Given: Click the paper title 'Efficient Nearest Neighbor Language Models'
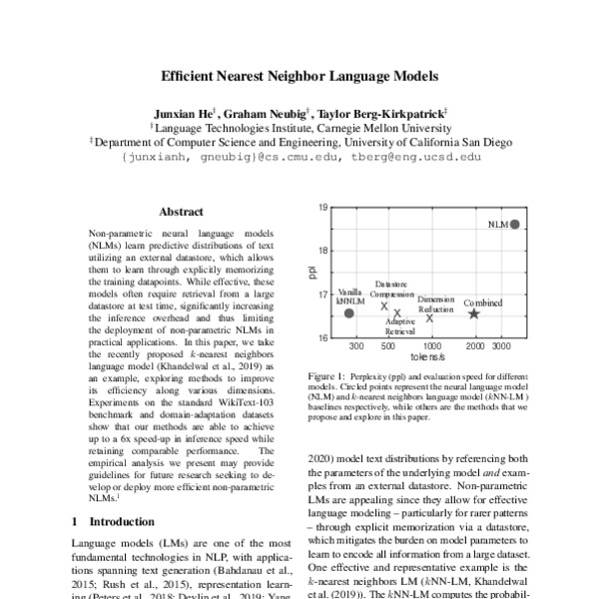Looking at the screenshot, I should click(299, 75).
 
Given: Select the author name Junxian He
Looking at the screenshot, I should click(186, 113).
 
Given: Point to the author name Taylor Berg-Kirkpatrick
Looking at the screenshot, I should click(384, 113).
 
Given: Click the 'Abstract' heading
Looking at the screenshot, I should click(181, 212).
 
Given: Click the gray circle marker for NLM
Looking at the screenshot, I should click(514, 225).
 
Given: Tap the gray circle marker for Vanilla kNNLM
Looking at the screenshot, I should click(348, 313).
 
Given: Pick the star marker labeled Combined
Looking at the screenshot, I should click(474, 313).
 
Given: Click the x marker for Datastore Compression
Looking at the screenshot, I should click(384, 306).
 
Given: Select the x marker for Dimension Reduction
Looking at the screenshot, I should click(429, 317).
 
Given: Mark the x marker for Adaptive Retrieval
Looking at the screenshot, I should click(396, 312).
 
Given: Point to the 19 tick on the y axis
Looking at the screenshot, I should click(324, 208).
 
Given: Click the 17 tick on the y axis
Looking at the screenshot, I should click(324, 295).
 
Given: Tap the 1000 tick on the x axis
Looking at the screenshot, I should click(433, 345).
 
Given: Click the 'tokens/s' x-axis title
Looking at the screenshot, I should click(427, 357).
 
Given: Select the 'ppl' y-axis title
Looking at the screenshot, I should click(311, 273).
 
